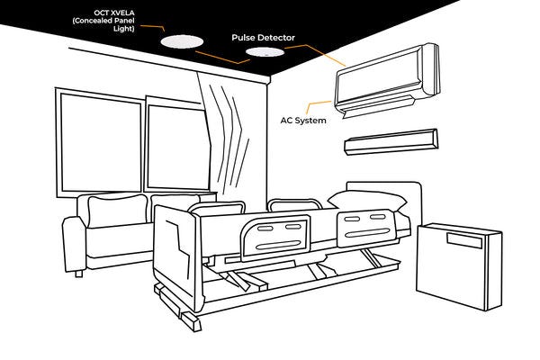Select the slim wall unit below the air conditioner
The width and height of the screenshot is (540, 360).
point(391,140)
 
